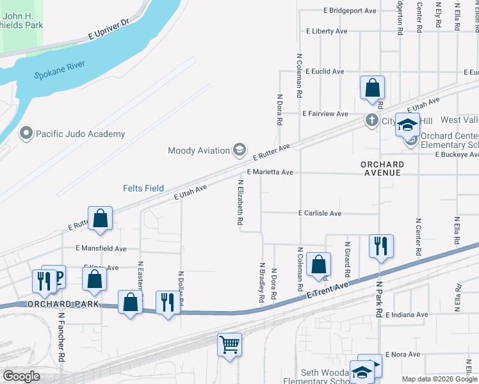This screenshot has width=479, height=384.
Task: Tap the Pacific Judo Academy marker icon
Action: (26, 134)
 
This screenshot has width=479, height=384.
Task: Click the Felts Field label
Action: (144, 188)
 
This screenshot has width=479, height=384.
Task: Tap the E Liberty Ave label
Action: (327, 31)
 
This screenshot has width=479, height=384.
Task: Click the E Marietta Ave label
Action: (270, 172)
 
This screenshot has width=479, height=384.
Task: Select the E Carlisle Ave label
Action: (320, 213)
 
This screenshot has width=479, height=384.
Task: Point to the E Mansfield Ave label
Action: (101, 248)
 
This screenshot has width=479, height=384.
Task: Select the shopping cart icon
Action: (229, 344)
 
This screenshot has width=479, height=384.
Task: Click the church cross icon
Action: (371, 120)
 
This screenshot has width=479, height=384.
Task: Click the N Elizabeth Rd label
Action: (241, 202)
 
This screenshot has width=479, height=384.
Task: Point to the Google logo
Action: (22, 376)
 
